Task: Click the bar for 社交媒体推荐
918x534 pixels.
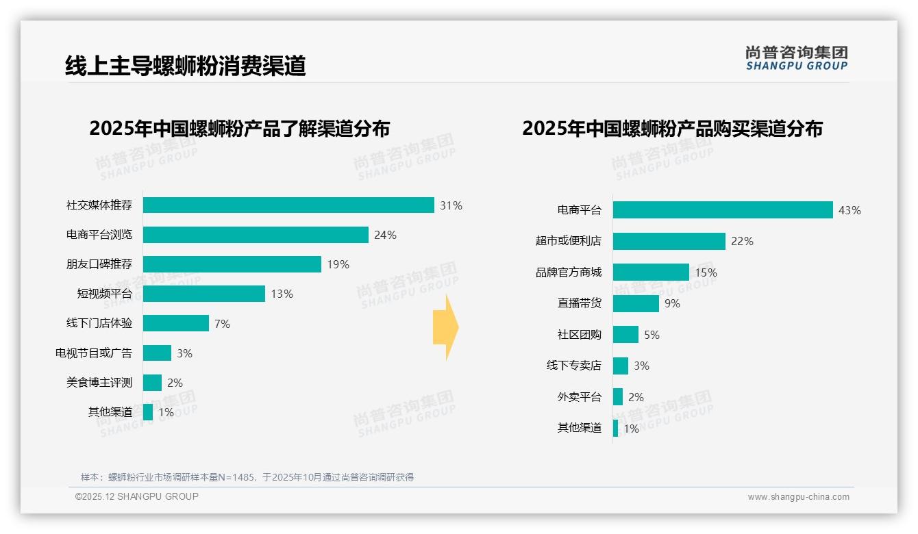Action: click(x=288, y=205)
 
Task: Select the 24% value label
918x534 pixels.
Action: click(x=385, y=235)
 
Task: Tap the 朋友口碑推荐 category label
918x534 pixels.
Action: click(x=99, y=264)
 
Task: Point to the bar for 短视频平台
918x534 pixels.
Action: click(x=204, y=294)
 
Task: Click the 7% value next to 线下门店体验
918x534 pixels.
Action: click(x=222, y=324)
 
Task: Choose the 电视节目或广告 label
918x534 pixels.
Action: click(x=94, y=353)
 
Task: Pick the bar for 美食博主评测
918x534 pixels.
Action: click(x=153, y=383)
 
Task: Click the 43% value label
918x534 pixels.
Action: click(x=849, y=210)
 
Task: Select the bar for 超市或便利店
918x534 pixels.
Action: click(x=669, y=241)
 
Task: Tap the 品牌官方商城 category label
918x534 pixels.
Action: click(x=569, y=272)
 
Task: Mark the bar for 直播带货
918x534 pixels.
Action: click(x=636, y=303)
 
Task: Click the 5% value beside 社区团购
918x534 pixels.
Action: click(x=652, y=335)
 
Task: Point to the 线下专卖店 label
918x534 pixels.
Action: click(x=574, y=366)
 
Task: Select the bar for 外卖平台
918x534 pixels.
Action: click(x=618, y=397)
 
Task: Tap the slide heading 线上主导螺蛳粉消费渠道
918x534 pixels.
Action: click(x=185, y=66)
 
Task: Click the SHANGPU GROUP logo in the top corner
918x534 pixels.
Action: click(x=797, y=58)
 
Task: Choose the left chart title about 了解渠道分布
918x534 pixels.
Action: click(x=240, y=129)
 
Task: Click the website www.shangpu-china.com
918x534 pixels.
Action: click(x=798, y=497)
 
